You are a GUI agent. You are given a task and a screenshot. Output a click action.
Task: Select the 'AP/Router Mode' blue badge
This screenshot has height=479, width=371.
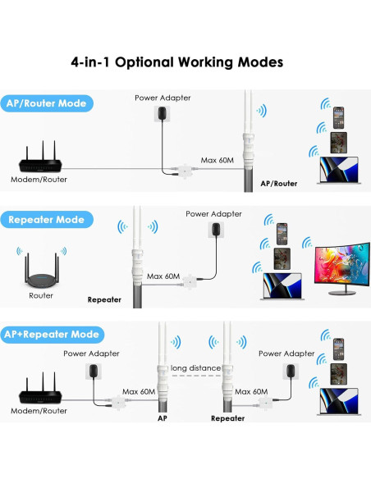[x=47, y=104]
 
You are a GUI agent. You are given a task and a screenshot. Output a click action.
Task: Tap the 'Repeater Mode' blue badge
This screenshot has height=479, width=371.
[x=47, y=220]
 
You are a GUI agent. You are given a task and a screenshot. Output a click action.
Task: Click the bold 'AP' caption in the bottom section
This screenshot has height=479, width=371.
[x=162, y=417]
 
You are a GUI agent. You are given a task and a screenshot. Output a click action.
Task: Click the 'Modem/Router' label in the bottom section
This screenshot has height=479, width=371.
[x=39, y=410]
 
